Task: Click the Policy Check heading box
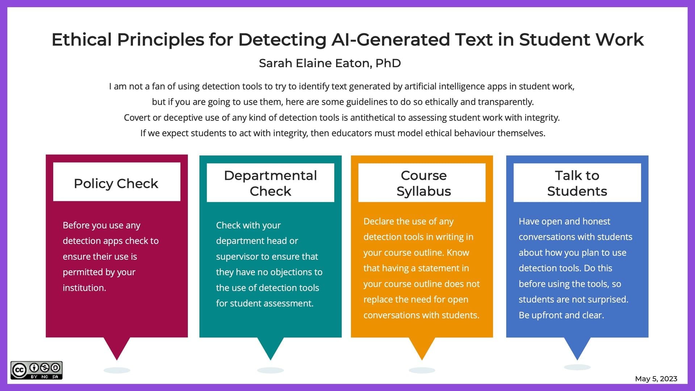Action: (x=116, y=182)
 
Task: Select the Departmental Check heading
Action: (x=270, y=183)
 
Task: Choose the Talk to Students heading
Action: (x=577, y=183)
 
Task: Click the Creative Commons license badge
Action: (x=36, y=370)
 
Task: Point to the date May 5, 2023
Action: (x=656, y=379)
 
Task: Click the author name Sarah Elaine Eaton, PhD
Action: (x=330, y=63)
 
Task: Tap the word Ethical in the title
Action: (x=81, y=39)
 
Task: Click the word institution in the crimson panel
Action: (x=84, y=288)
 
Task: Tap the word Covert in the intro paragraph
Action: (x=137, y=118)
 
